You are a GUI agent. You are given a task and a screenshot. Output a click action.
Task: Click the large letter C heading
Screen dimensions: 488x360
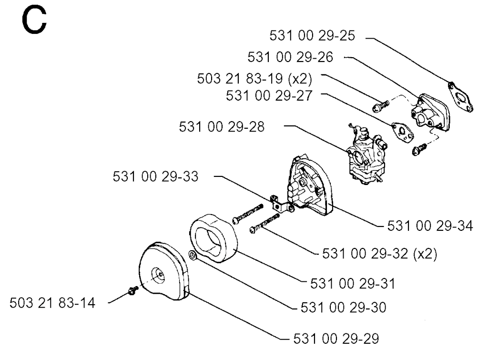tap(34, 20)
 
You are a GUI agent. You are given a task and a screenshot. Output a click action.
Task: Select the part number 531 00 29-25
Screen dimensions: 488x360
tap(312, 35)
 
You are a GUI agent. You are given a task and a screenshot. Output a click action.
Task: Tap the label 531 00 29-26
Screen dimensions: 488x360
tap(290, 57)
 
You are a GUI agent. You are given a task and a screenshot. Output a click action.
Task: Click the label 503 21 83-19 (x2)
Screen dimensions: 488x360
tap(254, 79)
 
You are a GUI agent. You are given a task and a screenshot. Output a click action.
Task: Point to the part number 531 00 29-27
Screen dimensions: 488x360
tap(269, 96)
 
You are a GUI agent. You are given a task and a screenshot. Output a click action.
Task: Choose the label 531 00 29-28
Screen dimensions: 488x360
tap(222, 127)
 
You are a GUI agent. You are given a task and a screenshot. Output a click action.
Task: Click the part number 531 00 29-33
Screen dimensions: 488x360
tap(155, 176)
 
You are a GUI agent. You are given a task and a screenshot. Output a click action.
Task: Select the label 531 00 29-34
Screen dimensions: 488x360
tap(430, 226)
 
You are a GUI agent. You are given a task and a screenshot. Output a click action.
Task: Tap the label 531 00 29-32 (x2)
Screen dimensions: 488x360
tap(379, 254)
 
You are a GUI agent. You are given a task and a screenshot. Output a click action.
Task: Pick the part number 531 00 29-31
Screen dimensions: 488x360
tap(353, 284)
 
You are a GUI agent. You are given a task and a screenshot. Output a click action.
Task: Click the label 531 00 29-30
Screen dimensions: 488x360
tap(343, 308)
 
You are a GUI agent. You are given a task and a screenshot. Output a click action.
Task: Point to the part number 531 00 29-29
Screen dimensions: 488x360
tap(336, 339)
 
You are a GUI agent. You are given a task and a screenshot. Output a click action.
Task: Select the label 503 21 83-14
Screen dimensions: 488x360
tap(52, 303)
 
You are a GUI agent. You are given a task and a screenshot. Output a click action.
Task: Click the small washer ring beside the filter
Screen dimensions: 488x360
tap(193, 256)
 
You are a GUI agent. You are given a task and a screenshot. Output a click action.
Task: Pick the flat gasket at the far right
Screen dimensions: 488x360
tap(460, 96)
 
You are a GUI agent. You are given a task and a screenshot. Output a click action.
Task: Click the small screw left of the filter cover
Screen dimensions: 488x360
tap(133, 290)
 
